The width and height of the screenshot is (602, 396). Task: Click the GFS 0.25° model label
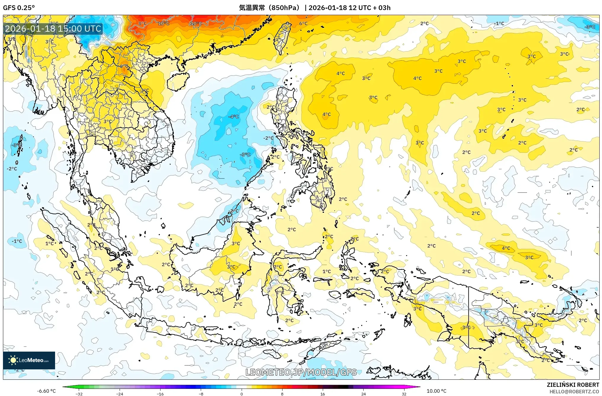point(19,8)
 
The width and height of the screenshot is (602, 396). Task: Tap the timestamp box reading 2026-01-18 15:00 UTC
point(53,29)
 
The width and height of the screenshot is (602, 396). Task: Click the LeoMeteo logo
point(29,360)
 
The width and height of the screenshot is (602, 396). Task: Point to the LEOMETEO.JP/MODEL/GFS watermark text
point(301,372)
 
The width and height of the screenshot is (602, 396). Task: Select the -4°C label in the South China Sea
point(234,117)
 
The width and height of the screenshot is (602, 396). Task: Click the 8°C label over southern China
point(142,23)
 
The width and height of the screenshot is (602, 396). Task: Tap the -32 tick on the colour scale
point(79,394)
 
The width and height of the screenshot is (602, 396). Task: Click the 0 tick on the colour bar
point(242,394)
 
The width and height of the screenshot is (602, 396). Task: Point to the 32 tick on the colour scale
point(404,394)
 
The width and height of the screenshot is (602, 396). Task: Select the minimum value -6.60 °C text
point(46,391)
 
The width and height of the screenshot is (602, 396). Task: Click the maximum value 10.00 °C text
point(436,391)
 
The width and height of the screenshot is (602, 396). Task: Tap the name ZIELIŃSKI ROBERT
point(573,385)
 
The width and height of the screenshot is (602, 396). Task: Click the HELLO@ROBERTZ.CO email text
point(574,392)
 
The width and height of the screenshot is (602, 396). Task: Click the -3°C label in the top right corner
point(590,27)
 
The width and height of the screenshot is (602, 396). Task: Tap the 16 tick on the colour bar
point(323,394)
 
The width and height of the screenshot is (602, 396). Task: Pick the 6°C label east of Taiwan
point(303,23)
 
